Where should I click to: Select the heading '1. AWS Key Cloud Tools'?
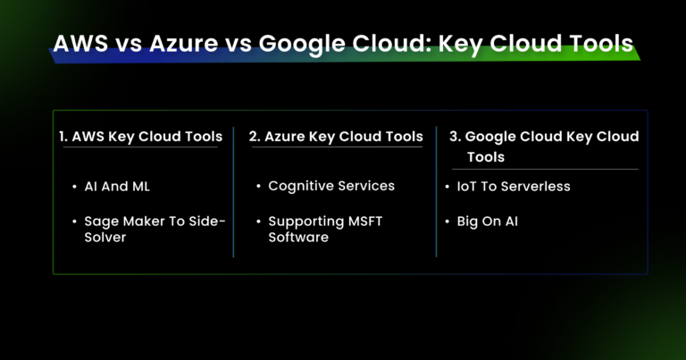(140, 137)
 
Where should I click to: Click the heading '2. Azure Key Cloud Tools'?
(336, 137)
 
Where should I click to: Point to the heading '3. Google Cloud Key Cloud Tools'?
(542, 147)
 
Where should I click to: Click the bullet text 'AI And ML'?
(116, 187)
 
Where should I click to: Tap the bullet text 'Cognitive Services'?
(330, 186)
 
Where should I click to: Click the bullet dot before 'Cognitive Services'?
(257, 187)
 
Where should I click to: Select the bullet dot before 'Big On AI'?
(449, 221)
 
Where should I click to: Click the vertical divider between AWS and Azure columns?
(234, 191)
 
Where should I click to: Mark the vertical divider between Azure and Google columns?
(437, 191)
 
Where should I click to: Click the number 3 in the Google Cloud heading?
(453, 137)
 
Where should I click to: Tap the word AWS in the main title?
(83, 45)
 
